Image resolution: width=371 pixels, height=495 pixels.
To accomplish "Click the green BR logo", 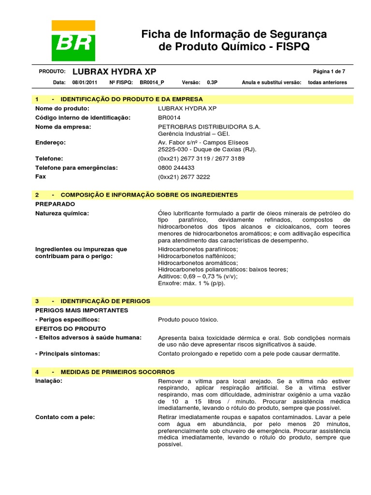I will pos(73,42).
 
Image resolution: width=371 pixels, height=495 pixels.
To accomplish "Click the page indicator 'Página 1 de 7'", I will pos(329,71).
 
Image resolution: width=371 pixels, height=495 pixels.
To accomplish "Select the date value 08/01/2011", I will pos(85,82).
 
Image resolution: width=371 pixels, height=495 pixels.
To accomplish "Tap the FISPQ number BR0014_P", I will pos(152,82).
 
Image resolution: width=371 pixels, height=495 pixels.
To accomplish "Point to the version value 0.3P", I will pos(212,82).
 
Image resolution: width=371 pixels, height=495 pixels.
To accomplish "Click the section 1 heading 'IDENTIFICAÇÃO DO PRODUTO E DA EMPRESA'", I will pos(131,99).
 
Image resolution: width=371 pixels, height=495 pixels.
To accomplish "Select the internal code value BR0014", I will pos(169,117).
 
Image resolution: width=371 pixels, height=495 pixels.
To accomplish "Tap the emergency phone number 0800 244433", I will pos(176,168).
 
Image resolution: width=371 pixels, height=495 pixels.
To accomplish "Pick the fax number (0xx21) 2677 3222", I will pos(184,177).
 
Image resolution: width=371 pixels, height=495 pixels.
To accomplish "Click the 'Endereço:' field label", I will pos(50,143).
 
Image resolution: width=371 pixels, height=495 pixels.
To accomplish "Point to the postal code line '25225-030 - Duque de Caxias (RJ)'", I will pos(207,150).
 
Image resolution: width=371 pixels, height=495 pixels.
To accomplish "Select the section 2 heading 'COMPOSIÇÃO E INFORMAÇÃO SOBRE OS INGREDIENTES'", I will pos(149,195).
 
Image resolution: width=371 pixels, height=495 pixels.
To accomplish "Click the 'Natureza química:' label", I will pos(62,213).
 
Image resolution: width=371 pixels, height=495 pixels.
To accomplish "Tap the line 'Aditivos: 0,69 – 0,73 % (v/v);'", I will pos(198,277).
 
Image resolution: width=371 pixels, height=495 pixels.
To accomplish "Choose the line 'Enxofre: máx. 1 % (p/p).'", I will pos(192,283).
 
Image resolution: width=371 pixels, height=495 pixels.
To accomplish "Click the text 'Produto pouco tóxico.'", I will pos(188,320).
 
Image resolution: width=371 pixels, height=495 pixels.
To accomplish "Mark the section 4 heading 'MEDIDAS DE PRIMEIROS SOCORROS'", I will pos(117,372).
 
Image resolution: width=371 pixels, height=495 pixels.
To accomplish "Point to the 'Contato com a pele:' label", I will pos(65,417).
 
